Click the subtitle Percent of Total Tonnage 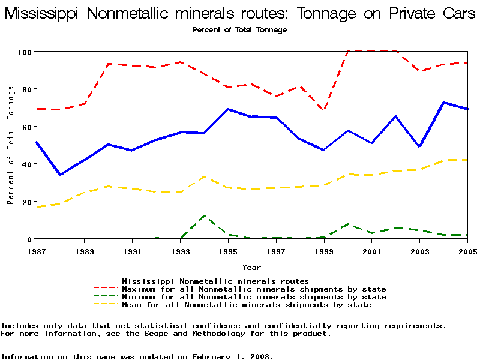coord(239,30)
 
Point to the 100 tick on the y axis coord(23,52)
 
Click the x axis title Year coord(251,267)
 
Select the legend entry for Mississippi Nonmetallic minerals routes coord(215,281)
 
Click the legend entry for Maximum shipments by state coord(254,289)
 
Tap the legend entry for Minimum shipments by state coord(254,297)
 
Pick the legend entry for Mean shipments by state coord(247,305)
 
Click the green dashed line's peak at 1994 coord(205,216)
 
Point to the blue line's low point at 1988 coord(60,175)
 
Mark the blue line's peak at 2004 coord(444,103)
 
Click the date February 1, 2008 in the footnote coord(232,356)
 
